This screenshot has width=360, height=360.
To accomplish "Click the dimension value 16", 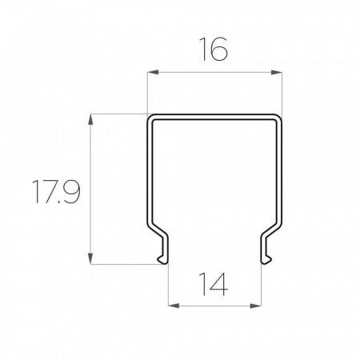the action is (214, 49).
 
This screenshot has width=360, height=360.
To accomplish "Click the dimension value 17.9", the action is (56, 191).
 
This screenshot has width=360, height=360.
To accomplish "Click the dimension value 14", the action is (214, 284).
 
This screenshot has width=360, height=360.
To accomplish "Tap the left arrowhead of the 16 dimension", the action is (153, 72).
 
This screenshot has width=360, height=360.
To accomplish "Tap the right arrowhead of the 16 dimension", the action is (277, 72).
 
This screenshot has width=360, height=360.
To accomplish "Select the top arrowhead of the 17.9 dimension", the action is (90, 119).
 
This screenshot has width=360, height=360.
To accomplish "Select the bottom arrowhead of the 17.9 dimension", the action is (90, 258).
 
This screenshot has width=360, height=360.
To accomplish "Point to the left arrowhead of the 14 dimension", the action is (174, 306).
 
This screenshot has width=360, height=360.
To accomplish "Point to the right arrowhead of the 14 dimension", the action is (256, 306).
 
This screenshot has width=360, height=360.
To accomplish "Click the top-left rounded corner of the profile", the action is (150, 118).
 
